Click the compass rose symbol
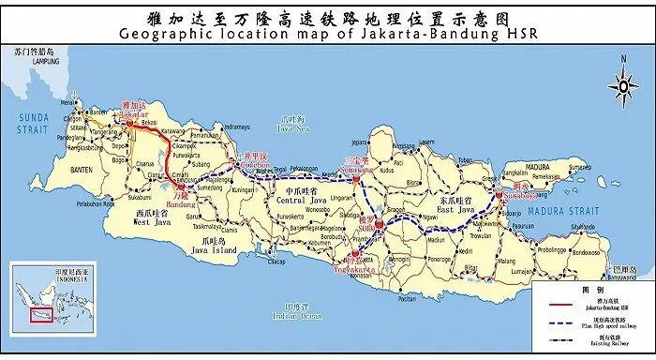click(622, 84)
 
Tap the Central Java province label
click(306, 199)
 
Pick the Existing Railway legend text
click(610, 344)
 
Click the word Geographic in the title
click(165, 35)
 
